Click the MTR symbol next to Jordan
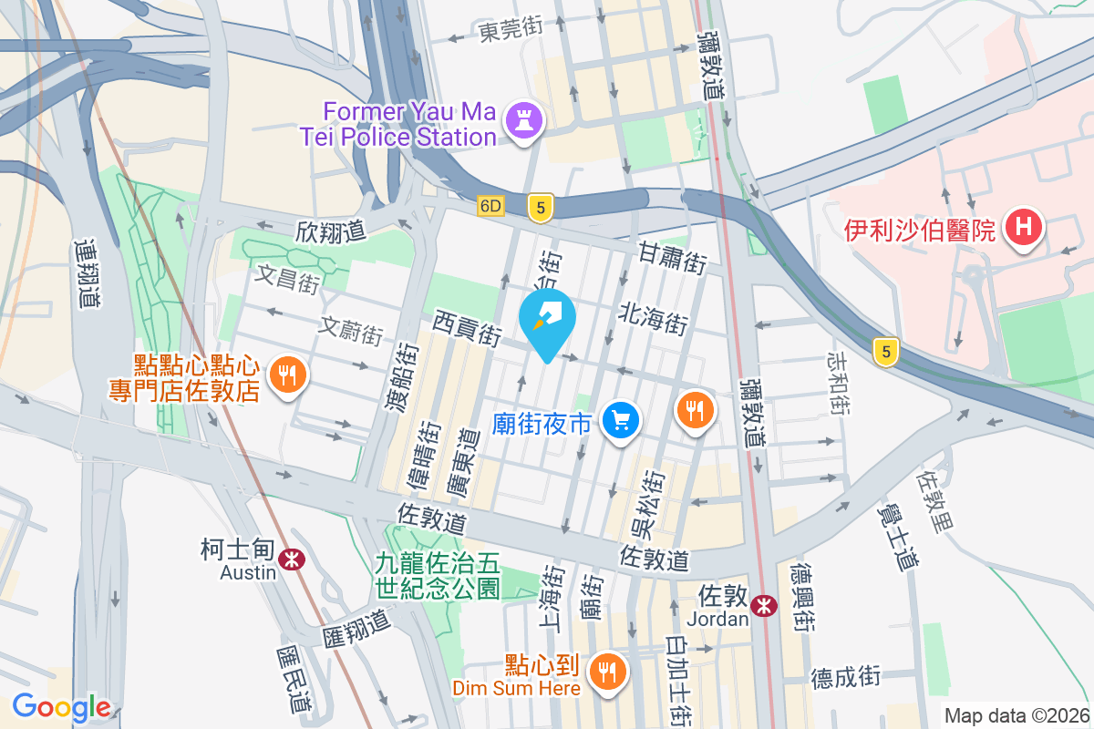[765, 605]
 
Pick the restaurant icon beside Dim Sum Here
[605, 673]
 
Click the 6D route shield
[490, 207]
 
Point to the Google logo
[61, 706]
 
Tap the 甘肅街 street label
[673, 257]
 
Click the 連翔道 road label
[87, 273]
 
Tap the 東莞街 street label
[510, 29]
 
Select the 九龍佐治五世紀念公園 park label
[438, 575]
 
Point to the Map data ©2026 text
[1016, 715]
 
